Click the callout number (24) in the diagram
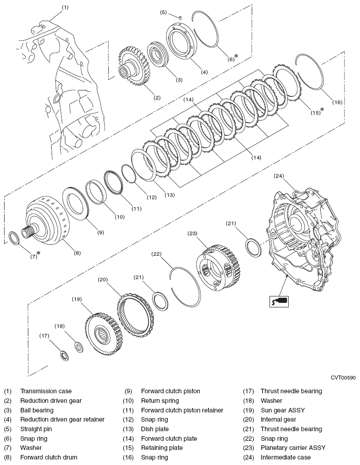tap(279, 176)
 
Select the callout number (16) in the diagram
tap(337, 103)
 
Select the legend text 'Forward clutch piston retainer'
tap(182, 410)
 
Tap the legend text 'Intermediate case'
tap(286, 457)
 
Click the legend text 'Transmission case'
tap(46, 391)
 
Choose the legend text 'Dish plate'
tap(154, 429)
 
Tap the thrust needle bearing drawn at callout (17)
tap(64, 355)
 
